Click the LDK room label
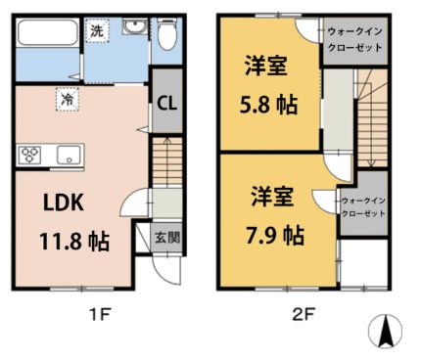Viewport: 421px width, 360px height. pos(65,203)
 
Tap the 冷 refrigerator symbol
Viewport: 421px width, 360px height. pos(68,98)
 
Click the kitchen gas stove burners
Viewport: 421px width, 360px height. pos(29,154)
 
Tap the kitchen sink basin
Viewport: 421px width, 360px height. pos(68,154)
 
